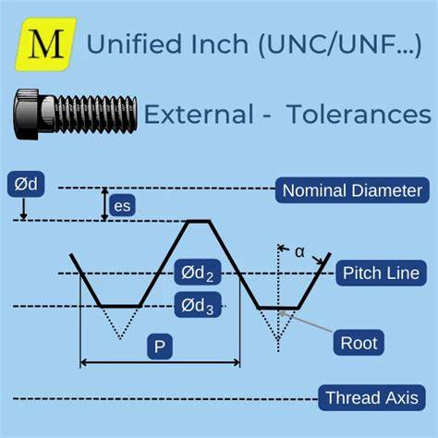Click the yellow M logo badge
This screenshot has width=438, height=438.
pyautogui.click(x=45, y=44)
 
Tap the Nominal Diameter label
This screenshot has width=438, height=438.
pyautogui.click(x=352, y=190)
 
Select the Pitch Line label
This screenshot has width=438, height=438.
pyautogui.click(x=381, y=273)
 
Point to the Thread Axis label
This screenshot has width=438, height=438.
pyautogui.click(x=371, y=397)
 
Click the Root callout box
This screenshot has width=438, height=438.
pyautogui.click(x=359, y=343)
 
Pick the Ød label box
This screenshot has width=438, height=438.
pyautogui.click(x=26, y=184)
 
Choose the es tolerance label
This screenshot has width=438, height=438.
pyautogui.click(x=122, y=205)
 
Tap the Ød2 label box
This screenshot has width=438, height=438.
pyautogui.click(x=198, y=273)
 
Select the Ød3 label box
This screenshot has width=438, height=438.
pyautogui.click(x=198, y=305)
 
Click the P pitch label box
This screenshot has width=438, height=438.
pyautogui.click(x=160, y=347)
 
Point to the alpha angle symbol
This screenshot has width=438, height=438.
pyautogui.click(x=299, y=252)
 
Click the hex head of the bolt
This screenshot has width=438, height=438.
pyautogui.click(x=27, y=114)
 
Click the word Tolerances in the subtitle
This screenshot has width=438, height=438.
pyautogui.click(x=359, y=114)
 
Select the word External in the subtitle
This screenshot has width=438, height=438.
pyautogui.click(x=199, y=114)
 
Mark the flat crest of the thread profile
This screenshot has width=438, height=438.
pyautogui.click(x=200, y=221)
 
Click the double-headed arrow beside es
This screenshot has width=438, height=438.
pyautogui.click(x=105, y=204)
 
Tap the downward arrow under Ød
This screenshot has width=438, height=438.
pyautogui.click(x=24, y=210)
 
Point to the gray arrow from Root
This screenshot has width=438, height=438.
pyautogui.click(x=306, y=322)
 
